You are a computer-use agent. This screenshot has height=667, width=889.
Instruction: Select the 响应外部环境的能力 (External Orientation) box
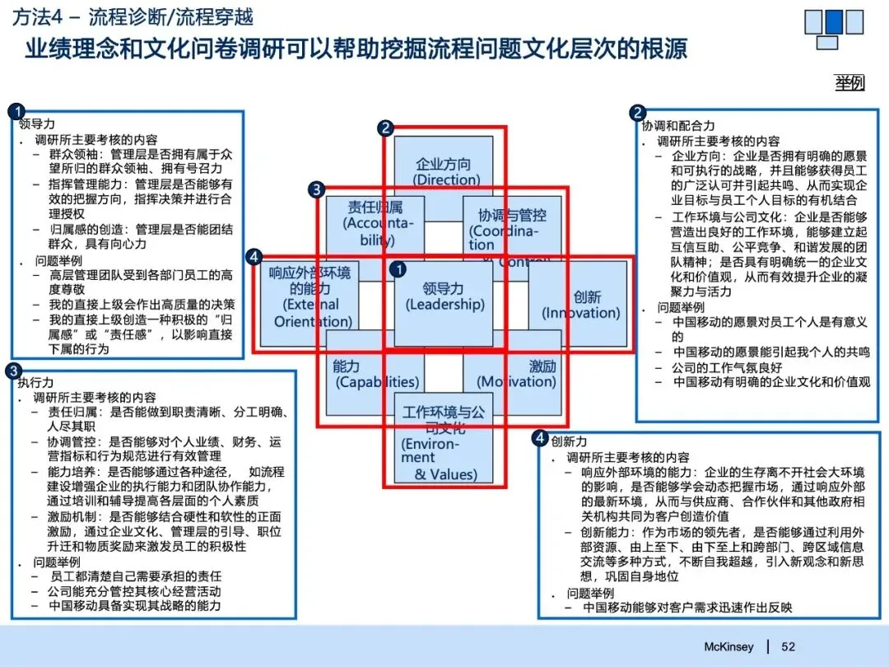[310, 301]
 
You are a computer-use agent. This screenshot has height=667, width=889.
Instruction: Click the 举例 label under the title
[849, 82]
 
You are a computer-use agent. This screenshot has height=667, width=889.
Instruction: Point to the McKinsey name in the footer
[728, 646]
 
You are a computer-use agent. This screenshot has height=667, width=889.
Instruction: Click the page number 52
[789, 646]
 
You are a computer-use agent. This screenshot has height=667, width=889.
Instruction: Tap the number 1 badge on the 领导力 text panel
[16, 111]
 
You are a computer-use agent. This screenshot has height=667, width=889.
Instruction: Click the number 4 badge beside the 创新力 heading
[540, 439]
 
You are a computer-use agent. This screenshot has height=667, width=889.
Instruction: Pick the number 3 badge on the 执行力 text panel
[14, 371]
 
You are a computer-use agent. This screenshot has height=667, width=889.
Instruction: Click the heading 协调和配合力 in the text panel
[678, 126]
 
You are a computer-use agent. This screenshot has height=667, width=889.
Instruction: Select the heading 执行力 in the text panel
[35, 383]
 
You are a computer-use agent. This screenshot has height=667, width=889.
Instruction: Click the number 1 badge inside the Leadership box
[398, 269]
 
